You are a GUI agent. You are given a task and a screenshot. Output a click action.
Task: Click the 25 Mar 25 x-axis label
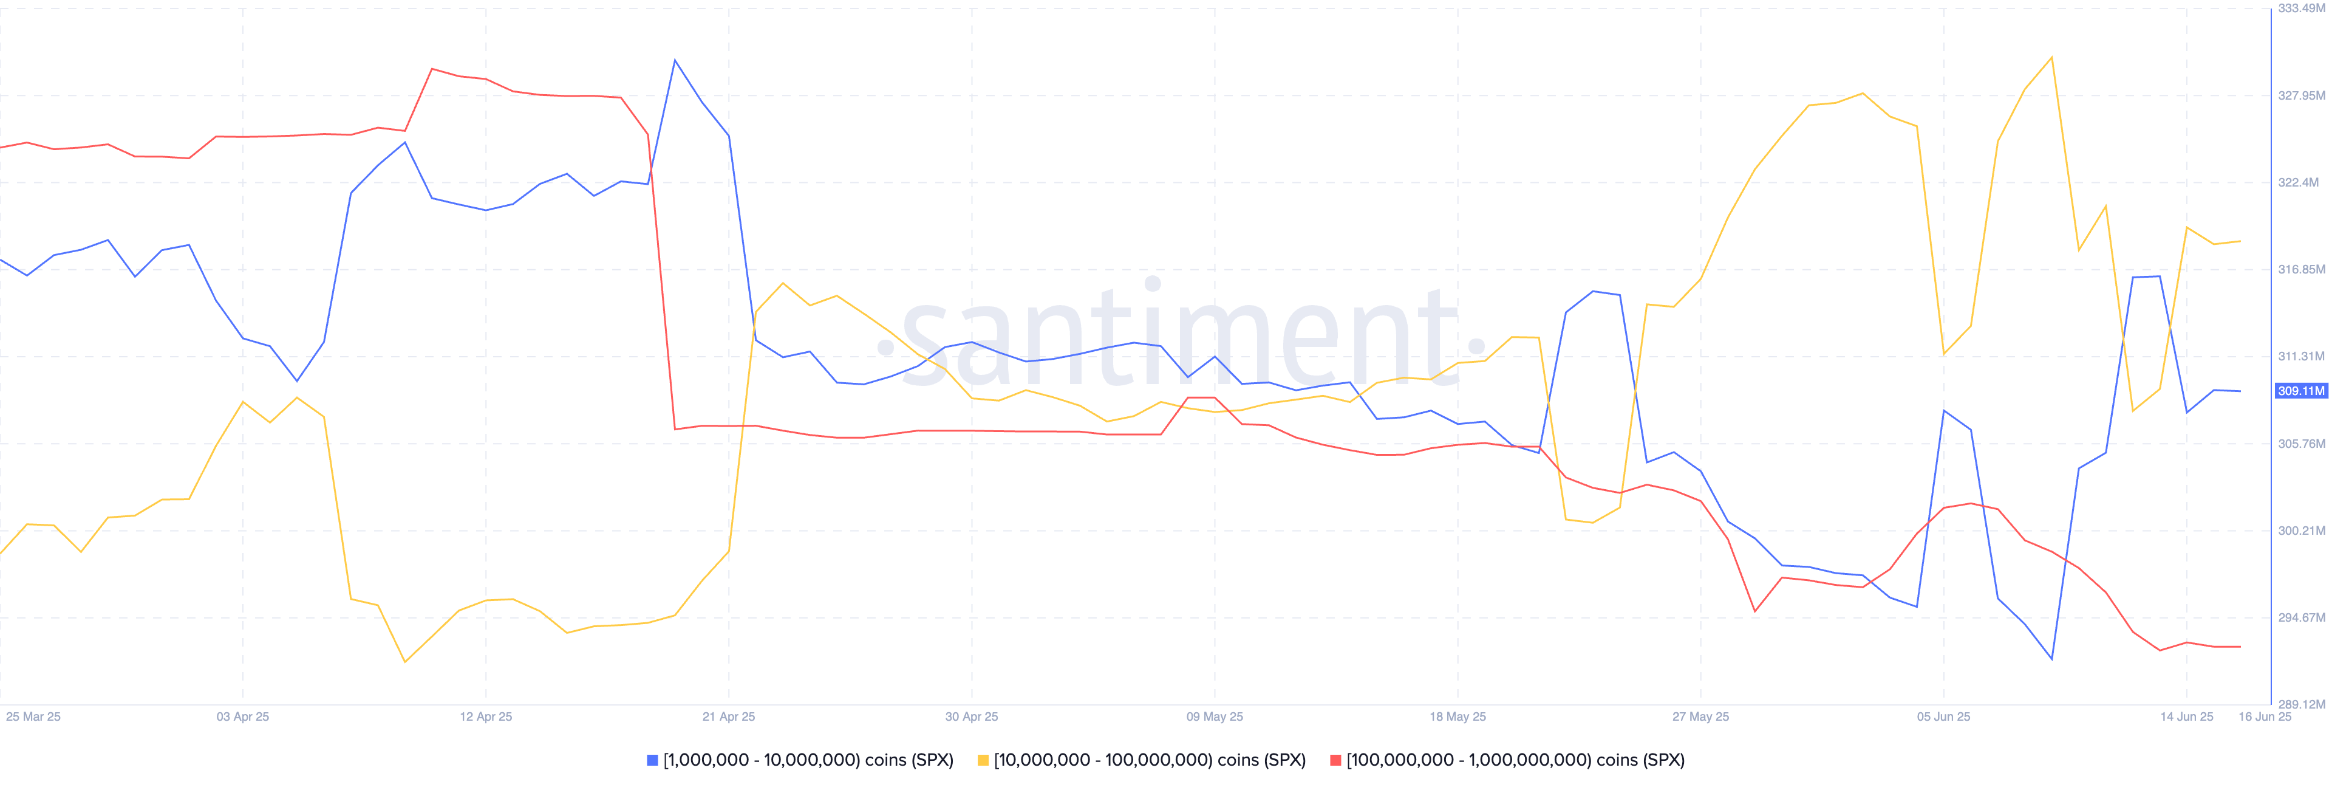tap(33, 716)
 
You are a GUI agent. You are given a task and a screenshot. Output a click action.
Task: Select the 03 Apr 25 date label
tap(243, 716)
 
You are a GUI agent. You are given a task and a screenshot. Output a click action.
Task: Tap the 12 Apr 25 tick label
tap(485, 716)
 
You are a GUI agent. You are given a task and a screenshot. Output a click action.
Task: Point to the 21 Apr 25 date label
tap(729, 716)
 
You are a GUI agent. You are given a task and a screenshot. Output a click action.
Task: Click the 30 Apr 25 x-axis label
tap(972, 716)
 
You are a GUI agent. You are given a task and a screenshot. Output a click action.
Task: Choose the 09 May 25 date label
tap(1215, 716)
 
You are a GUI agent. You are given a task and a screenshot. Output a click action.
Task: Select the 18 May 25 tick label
tap(1457, 716)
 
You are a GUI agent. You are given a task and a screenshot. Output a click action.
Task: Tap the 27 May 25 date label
tap(1700, 716)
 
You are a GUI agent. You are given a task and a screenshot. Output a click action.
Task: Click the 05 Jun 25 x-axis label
tap(1943, 716)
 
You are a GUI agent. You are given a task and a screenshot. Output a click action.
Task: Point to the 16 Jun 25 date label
tap(2265, 716)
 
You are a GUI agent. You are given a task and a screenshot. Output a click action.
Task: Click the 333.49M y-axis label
tap(2301, 8)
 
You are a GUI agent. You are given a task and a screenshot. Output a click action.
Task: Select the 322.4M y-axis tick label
tap(2299, 182)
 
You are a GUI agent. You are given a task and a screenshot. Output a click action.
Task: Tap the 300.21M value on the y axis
tap(2301, 531)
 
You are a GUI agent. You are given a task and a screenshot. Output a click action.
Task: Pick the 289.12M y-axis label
tap(2301, 704)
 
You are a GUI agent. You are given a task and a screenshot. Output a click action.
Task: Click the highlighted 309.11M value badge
tap(2301, 391)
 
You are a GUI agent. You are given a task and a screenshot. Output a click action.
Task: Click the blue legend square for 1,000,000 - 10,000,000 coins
tap(652, 760)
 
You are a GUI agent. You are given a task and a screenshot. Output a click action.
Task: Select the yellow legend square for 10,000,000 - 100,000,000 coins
tap(982, 760)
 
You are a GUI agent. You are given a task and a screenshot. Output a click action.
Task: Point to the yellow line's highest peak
tap(2051, 58)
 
